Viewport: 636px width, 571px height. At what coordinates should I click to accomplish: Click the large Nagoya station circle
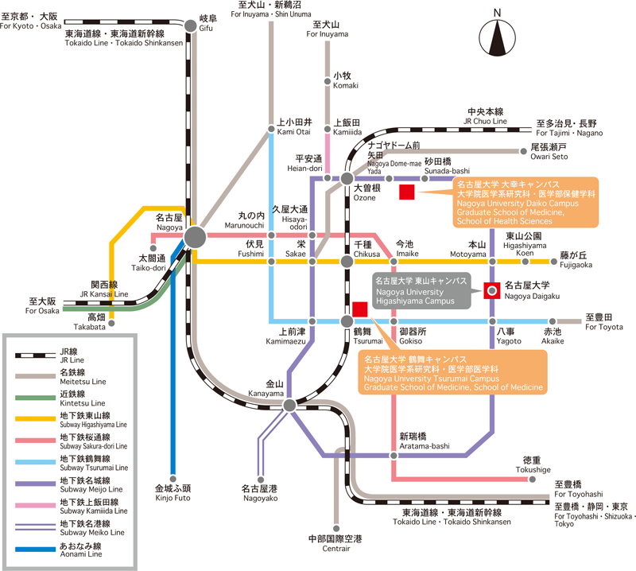coord(194,237)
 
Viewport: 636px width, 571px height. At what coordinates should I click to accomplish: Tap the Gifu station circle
coord(190,25)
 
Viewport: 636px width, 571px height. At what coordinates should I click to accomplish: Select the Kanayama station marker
coord(289,405)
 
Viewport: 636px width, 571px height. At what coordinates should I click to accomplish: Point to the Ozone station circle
coord(347,178)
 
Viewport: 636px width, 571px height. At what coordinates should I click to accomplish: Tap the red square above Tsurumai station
coord(359,309)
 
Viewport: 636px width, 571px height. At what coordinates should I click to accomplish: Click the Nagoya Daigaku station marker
coord(492,290)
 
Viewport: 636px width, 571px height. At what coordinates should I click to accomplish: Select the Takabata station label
coord(90,321)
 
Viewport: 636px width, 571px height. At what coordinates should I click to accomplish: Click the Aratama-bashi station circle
coord(394,456)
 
